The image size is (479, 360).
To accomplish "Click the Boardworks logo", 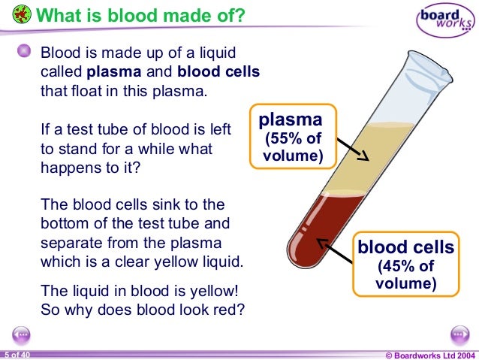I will click(x=446, y=22).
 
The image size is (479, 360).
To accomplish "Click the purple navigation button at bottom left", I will click(x=21, y=334).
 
